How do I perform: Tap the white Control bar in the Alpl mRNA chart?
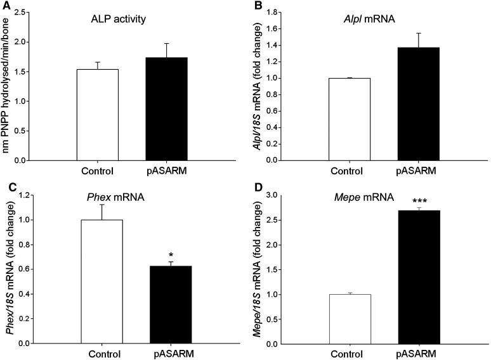[x=350, y=119]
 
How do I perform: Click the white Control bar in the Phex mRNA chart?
[x=101, y=281]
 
